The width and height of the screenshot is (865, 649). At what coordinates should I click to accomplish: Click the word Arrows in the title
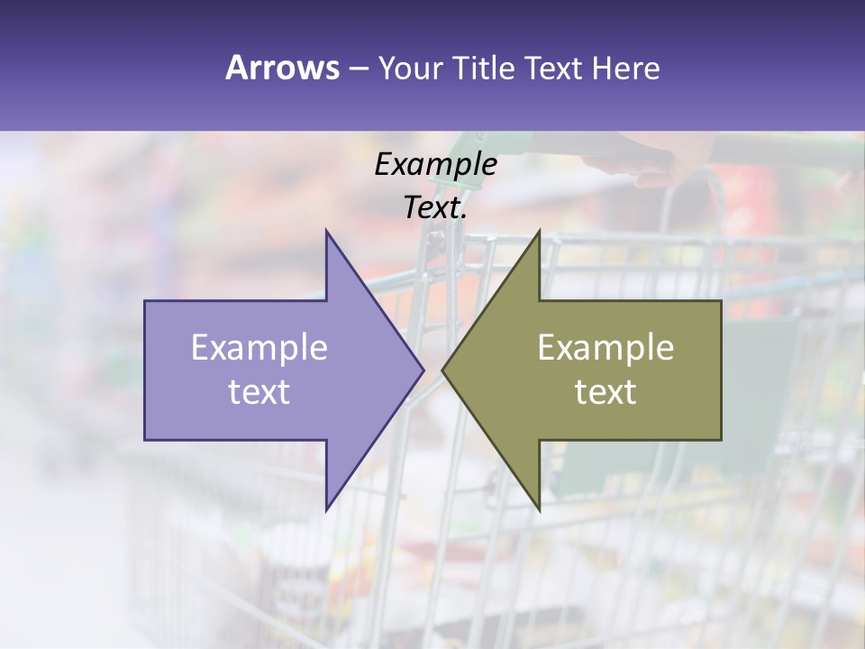pos(283,68)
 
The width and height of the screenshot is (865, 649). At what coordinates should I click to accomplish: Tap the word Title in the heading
pos(488,68)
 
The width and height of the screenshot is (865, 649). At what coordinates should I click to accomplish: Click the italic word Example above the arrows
pos(436,164)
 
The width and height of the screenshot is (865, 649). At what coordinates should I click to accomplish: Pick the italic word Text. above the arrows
pos(436,208)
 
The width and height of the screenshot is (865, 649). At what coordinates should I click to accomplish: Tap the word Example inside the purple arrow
pos(259,348)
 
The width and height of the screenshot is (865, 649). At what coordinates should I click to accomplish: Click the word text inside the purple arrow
pos(259,392)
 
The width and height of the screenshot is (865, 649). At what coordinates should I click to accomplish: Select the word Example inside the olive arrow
pos(605,348)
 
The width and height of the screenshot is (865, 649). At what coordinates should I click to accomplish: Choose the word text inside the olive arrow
pos(605,392)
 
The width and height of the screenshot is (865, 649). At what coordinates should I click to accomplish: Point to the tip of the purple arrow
pos(423,370)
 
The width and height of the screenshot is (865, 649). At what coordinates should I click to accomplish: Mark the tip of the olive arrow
pos(442,370)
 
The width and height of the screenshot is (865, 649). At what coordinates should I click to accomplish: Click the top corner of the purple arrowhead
pos(326,231)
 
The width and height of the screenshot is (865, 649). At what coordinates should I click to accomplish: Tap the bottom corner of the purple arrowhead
pos(326,509)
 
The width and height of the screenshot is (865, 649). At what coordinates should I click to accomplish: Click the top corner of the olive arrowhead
pos(539,231)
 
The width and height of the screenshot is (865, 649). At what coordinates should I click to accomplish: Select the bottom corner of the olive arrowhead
pos(539,509)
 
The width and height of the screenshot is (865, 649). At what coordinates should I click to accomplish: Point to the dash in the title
pos(358,69)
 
